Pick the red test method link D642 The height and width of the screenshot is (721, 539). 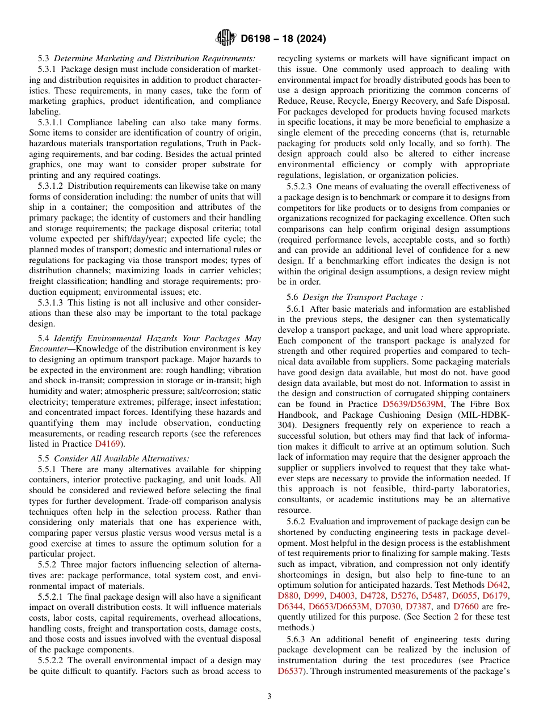[498, 584]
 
